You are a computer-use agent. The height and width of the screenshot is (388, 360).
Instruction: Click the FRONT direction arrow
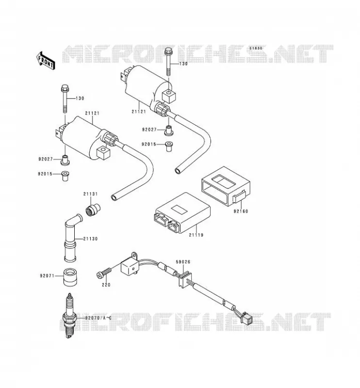[x=45, y=61]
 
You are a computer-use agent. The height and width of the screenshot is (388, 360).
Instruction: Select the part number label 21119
[x=196, y=235]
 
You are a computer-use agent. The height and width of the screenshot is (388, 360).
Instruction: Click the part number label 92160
[x=241, y=211]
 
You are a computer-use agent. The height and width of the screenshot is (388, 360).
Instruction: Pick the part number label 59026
[x=183, y=262]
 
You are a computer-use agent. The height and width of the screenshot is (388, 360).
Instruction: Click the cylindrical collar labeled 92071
[x=70, y=276]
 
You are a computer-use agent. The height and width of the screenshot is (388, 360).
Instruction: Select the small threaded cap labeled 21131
[x=93, y=210]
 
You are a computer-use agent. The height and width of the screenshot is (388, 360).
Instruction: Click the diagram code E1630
[x=255, y=48]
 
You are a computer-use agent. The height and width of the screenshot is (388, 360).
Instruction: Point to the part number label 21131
[x=90, y=194]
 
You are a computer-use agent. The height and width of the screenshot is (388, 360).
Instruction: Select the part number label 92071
[x=47, y=275]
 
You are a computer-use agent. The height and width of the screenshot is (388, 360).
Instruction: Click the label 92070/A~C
[x=98, y=318]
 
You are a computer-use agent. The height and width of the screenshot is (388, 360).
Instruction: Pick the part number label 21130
[x=90, y=239]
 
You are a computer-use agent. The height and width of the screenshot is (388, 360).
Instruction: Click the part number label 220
[x=106, y=285]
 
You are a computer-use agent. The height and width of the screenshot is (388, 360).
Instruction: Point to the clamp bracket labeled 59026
[x=185, y=279]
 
